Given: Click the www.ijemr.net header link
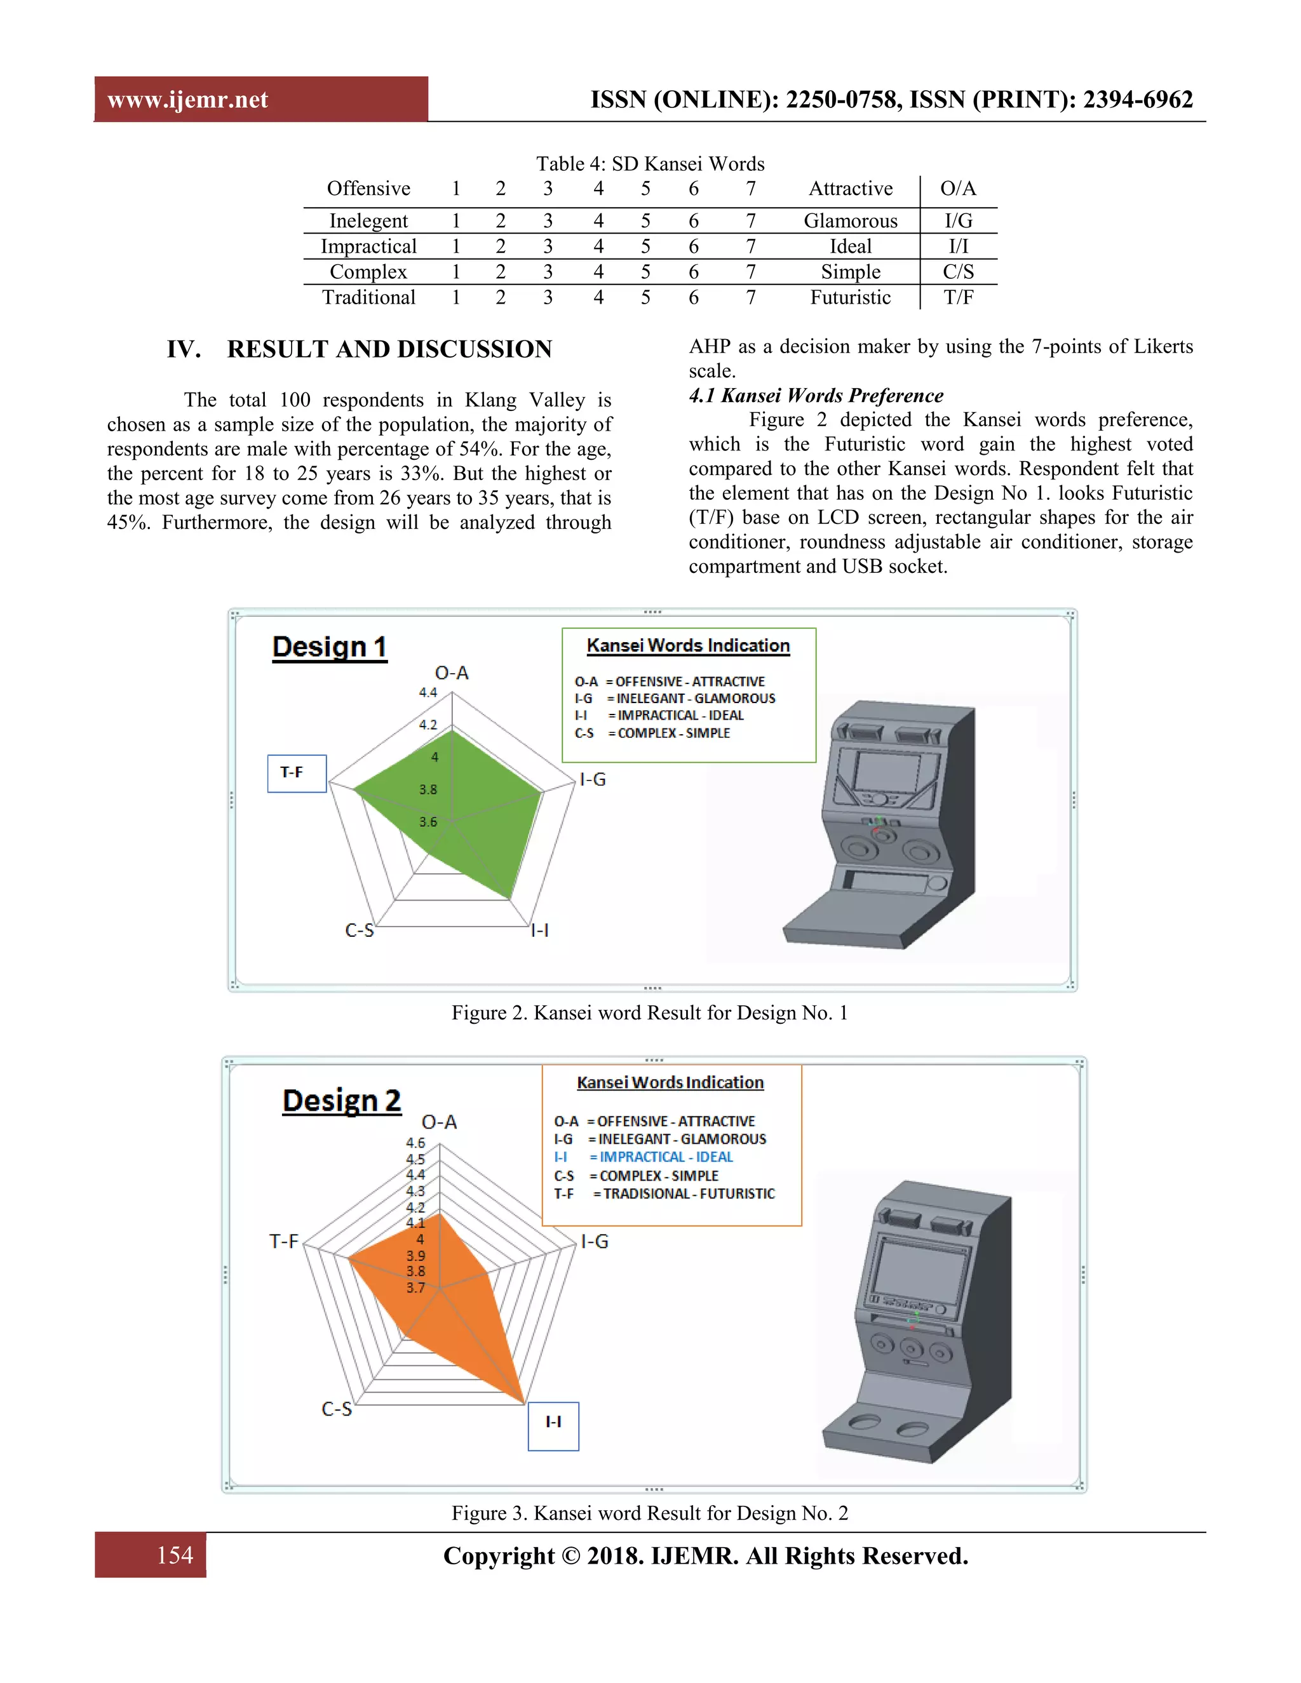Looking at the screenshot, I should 187,100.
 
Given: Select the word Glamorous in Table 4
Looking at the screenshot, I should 850,221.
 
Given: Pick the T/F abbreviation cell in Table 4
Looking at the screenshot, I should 958,297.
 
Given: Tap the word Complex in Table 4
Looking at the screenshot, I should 368,272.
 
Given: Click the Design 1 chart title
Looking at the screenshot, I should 329,647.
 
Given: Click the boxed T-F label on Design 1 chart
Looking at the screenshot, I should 296,773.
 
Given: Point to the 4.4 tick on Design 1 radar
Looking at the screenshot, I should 428,692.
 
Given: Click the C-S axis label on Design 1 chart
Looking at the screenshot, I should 359,930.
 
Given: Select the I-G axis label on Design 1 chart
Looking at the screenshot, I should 593,780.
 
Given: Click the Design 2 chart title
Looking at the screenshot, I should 341,1099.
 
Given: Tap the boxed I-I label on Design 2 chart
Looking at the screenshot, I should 553,1422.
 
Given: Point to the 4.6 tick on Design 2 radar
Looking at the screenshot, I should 415,1142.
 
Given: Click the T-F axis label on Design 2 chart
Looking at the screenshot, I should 283,1241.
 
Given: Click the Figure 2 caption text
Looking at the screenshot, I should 650,1012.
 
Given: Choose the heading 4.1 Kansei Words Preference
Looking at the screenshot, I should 816,395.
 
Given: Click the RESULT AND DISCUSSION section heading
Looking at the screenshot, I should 389,349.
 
